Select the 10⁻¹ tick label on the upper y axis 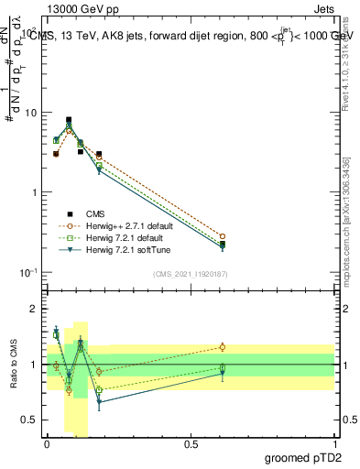[27, 272]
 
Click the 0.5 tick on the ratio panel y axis [27, 420]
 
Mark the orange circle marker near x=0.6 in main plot [223, 236]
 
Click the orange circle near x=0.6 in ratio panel [223, 347]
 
